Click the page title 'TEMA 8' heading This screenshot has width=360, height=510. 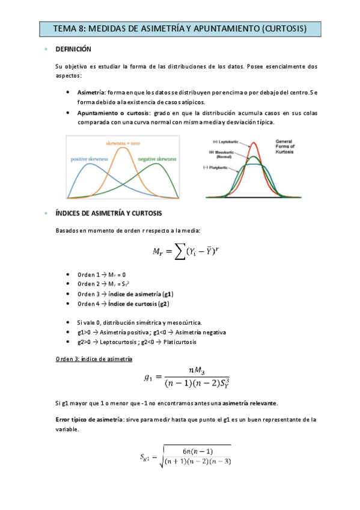click(x=180, y=28)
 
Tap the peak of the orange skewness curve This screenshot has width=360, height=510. click(x=124, y=149)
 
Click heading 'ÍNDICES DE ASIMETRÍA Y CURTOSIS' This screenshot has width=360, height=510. click(x=108, y=214)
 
